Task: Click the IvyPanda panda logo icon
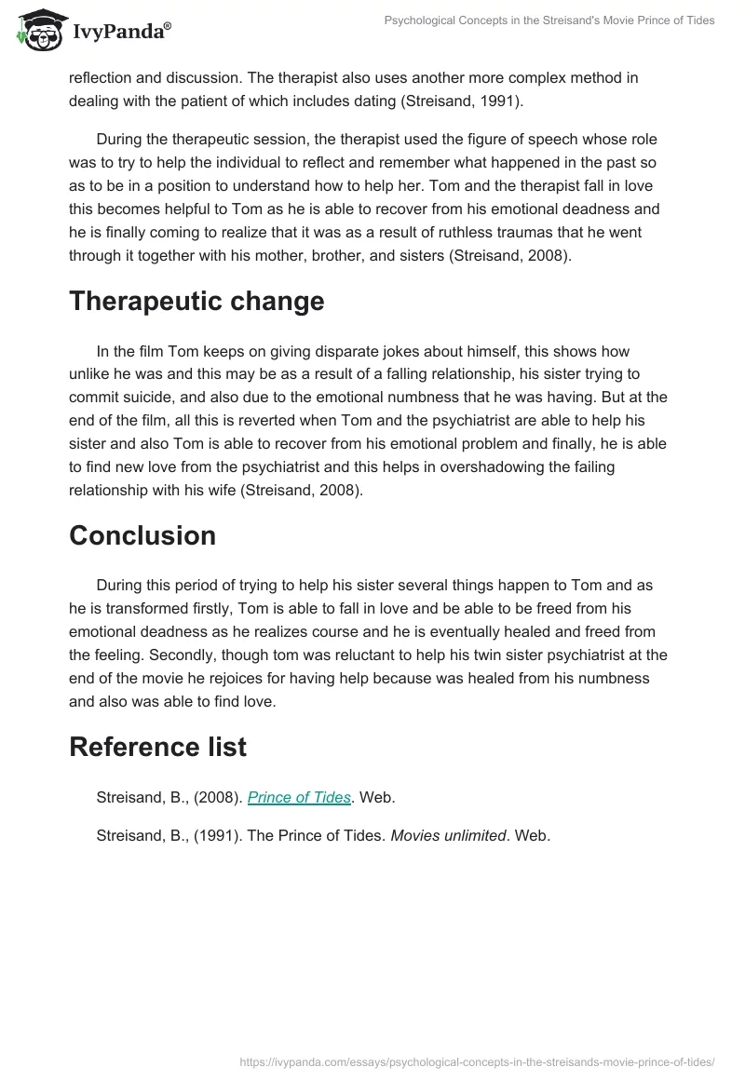click(38, 30)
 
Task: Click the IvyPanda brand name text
click(120, 33)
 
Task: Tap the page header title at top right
click(549, 20)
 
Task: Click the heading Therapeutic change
click(196, 301)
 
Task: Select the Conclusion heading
click(142, 535)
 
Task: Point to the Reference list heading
click(157, 746)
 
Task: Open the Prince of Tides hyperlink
click(299, 797)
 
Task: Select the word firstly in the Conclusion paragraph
click(197, 609)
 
